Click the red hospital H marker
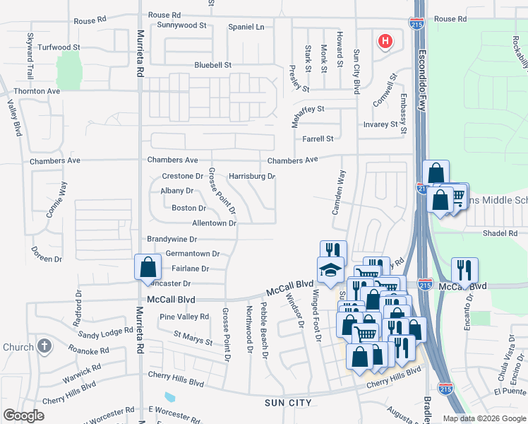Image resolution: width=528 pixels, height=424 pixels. click(385, 42)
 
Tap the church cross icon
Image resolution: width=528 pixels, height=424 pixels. click(44, 347)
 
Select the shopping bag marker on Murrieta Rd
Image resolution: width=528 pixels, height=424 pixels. click(148, 268)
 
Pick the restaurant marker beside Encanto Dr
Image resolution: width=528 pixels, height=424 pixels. click(464, 271)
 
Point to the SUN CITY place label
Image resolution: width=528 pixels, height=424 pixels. click(288, 403)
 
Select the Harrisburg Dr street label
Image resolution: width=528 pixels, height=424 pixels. click(252, 176)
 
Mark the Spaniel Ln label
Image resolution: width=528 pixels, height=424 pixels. click(246, 27)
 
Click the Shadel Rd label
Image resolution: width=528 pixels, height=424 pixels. click(500, 233)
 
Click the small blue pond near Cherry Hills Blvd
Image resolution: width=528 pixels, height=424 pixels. click(170, 396)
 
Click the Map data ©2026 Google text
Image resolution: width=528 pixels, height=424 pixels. click(483, 418)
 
